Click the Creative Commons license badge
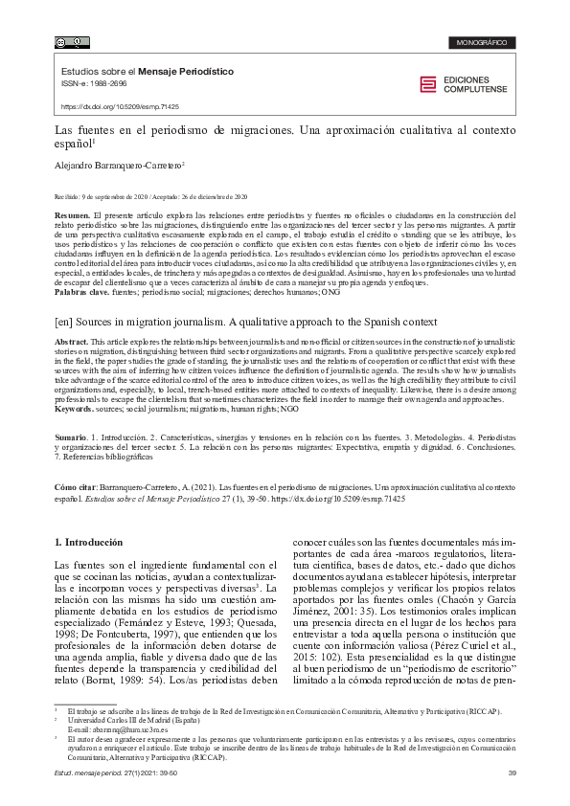coord(73,42)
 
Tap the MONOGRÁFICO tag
coord(482,43)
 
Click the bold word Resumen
coord(72,216)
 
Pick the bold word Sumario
coord(73,435)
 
